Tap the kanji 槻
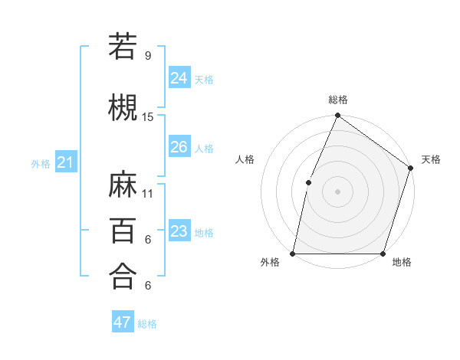click(123, 106)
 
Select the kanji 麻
click(123, 183)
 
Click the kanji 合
click(123, 275)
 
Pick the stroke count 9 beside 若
click(148, 56)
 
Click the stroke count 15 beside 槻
click(148, 116)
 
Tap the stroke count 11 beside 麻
click(148, 193)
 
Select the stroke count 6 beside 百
click(148, 240)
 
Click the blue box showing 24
click(179, 77)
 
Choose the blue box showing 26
click(179, 146)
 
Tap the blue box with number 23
click(179, 231)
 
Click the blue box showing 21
click(65, 162)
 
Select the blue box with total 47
click(122, 322)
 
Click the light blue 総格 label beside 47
click(147, 324)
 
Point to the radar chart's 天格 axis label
click(431, 159)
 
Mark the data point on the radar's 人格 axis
click(308, 182)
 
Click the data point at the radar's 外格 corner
click(292, 254)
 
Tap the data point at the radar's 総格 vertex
click(337, 116)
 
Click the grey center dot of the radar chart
click(337, 191)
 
